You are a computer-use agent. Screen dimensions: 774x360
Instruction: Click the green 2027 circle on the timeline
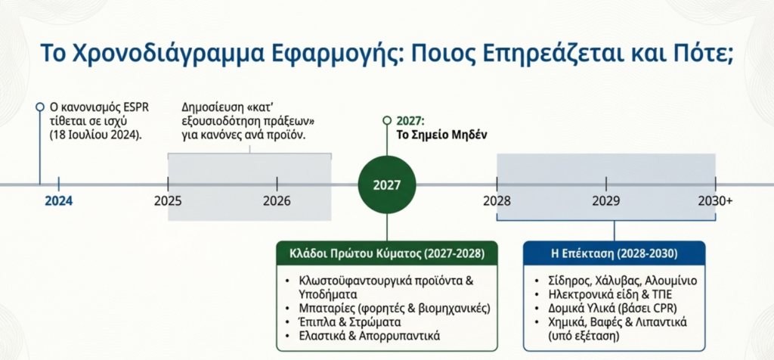point(387,185)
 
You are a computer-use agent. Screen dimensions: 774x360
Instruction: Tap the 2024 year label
point(59,201)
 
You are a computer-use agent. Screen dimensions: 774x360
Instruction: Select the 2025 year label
point(168,201)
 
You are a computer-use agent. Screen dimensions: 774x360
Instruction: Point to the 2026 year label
point(277,201)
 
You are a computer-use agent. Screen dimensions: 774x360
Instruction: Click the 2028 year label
point(497,201)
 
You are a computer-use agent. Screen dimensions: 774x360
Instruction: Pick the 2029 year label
point(606,201)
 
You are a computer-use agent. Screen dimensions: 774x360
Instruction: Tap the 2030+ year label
point(715,201)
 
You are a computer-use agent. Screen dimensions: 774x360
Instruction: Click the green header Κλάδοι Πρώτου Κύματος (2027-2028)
point(386,254)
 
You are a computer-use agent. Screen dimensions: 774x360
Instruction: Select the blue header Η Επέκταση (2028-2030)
point(614,254)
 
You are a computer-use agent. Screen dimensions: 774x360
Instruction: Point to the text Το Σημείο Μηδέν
point(442,135)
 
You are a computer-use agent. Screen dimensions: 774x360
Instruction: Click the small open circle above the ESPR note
point(40,107)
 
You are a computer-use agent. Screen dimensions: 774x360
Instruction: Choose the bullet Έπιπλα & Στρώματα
point(349,322)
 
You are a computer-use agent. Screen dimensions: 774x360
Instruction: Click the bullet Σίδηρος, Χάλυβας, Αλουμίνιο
point(623,281)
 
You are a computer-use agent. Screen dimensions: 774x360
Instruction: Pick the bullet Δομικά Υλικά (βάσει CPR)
point(612,309)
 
